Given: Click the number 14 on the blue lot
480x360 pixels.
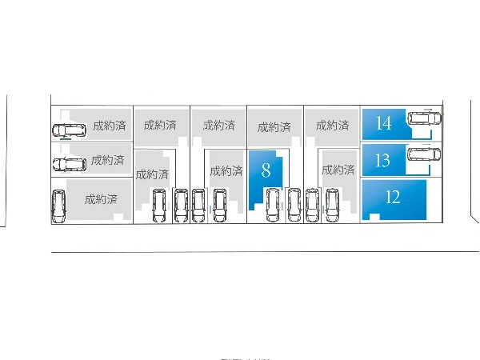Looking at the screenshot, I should [383, 123].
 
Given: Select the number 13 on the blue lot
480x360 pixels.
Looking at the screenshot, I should [382, 160].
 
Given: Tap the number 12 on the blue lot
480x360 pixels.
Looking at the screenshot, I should [392, 198].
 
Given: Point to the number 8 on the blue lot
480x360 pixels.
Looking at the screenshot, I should [266, 170].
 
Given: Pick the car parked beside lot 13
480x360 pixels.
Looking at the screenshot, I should [424, 154].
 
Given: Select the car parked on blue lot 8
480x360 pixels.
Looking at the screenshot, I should [272, 205].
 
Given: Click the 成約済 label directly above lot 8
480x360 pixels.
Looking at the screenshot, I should [274, 127].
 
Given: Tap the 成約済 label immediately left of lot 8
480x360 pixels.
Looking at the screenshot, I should [226, 170].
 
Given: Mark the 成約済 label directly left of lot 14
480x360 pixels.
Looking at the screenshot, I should [331, 126].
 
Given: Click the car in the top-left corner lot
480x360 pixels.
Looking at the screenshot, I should [69, 130].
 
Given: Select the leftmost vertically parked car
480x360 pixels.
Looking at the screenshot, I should [58, 206].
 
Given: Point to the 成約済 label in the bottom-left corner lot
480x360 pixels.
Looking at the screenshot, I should [102, 198].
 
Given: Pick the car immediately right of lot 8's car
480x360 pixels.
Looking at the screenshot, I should [294, 205].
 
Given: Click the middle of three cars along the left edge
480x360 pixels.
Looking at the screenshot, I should [69, 165].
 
